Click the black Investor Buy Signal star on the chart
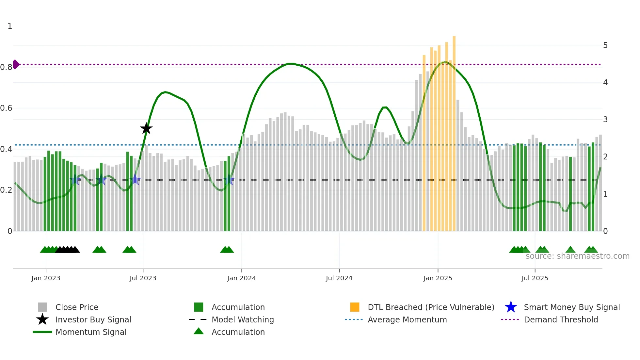tap(146, 128)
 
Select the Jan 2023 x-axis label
tap(46, 278)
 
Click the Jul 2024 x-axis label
tap(339, 278)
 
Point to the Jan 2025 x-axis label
tap(438, 278)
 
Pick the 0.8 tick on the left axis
tap(6, 67)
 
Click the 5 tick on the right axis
tap(605, 45)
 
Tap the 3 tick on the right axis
tap(605, 120)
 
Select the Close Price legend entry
tap(77, 307)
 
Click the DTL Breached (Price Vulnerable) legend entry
tap(431, 307)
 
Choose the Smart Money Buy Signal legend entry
tap(571, 307)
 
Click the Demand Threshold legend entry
tap(561, 319)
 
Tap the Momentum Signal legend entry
tap(91, 332)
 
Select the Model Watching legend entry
tap(243, 319)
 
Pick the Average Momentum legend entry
tap(407, 319)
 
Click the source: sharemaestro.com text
tap(577, 256)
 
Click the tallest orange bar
tap(454, 131)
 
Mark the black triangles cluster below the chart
tap(68, 250)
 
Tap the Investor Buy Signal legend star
tap(42, 319)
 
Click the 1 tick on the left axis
tap(10, 26)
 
